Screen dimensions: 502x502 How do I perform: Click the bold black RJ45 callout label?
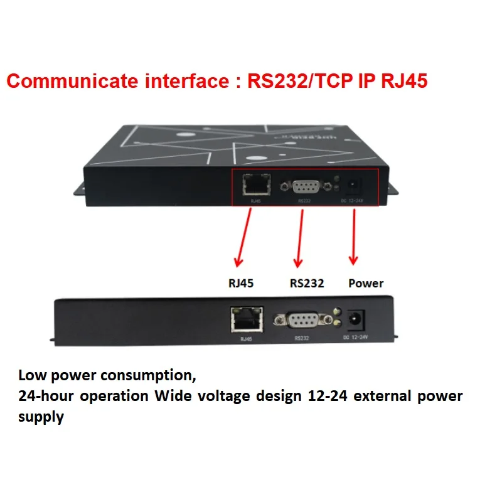coord(242,283)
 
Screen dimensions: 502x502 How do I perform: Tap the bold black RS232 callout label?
coord(307,283)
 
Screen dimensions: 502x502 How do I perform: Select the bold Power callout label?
coord(366,283)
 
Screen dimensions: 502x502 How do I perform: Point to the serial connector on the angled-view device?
coord(305,186)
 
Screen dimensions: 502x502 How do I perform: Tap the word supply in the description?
coord(41,417)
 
